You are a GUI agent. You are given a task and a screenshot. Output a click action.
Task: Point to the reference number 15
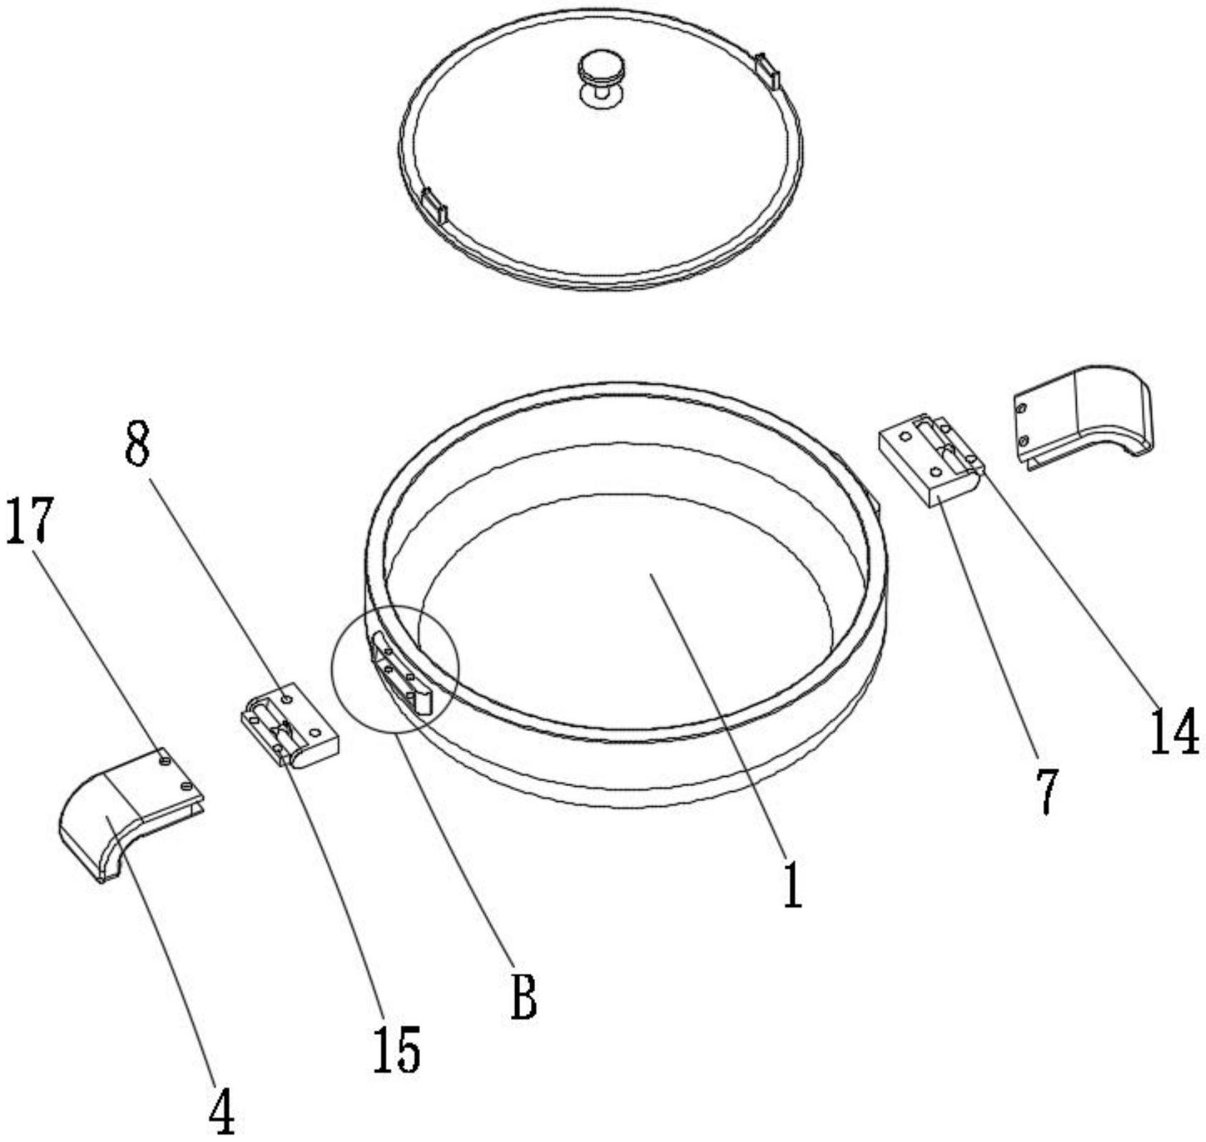point(397,1048)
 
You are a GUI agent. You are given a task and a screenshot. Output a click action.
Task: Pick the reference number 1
point(792,884)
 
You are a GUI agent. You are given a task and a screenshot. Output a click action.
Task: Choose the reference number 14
point(1174,731)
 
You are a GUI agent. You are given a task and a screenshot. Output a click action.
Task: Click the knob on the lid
point(600,79)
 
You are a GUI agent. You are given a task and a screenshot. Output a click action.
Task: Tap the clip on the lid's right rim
point(767,71)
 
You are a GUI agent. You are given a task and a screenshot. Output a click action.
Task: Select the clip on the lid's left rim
point(434,205)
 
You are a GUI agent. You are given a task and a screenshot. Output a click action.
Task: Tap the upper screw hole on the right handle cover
point(1022,409)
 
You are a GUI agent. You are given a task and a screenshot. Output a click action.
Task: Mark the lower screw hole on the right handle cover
point(1024,440)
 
